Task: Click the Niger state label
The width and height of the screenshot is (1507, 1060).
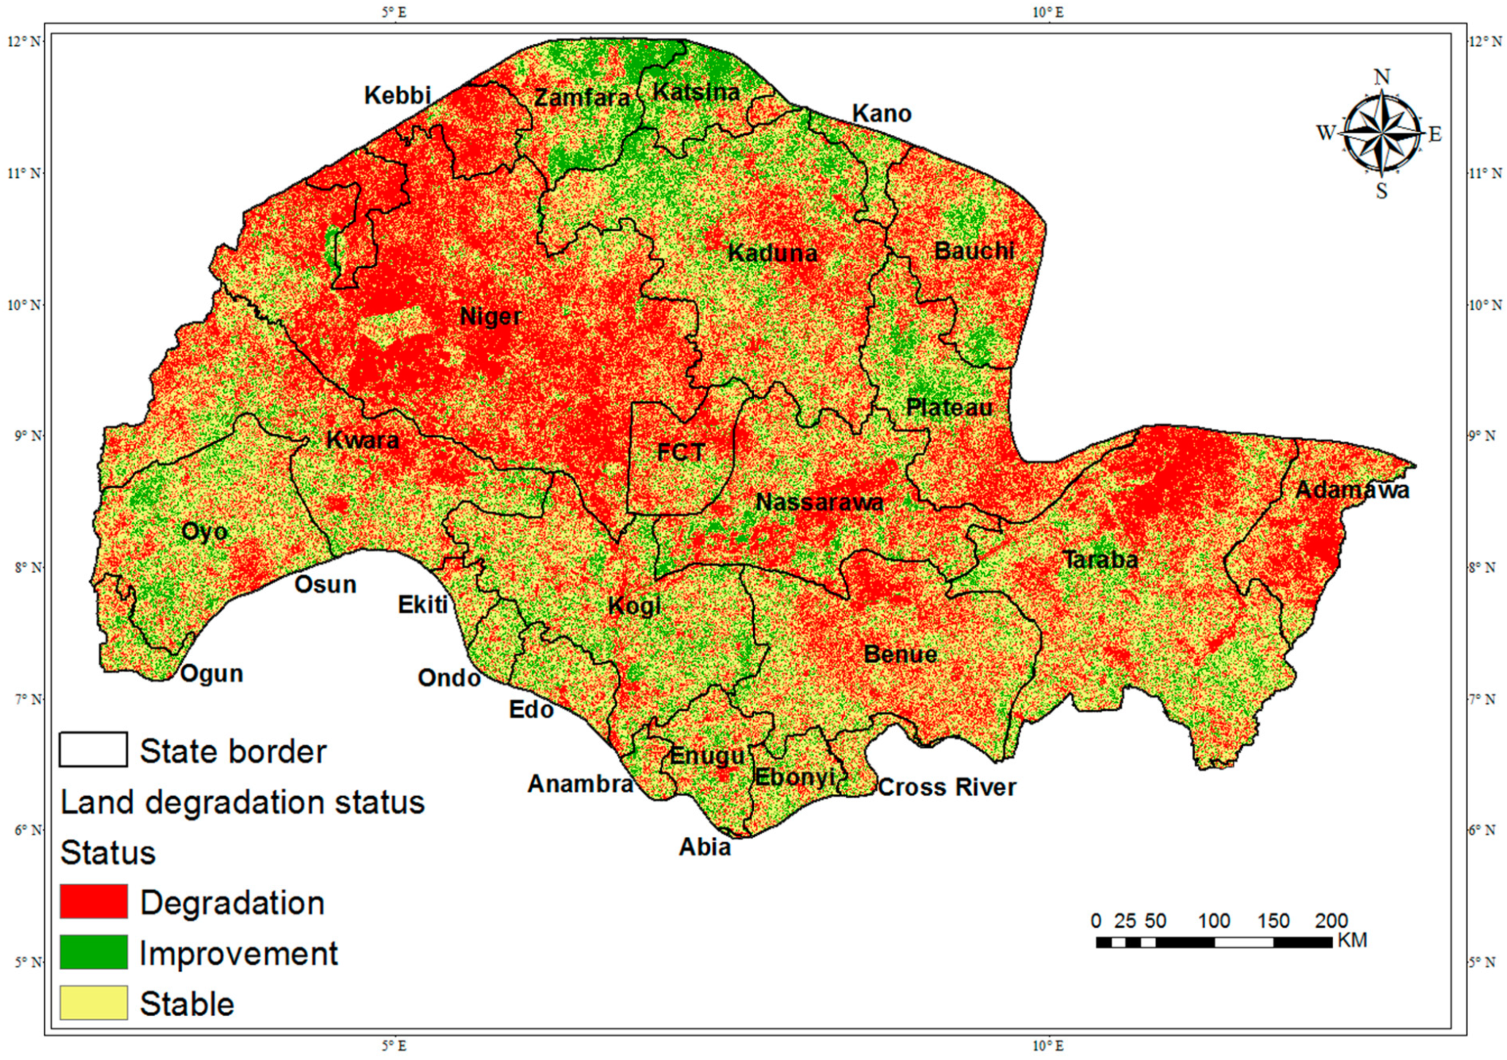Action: pyautogui.click(x=490, y=317)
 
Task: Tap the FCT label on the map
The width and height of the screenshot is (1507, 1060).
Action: pyautogui.click(x=681, y=452)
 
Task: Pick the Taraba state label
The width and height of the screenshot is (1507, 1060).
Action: pyautogui.click(x=1100, y=560)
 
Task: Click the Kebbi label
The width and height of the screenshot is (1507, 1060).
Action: pyautogui.click(x=397, y=96)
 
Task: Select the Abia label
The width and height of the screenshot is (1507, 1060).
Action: pyautogui.click(x=704, y=847)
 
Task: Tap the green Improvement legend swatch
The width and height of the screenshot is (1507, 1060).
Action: pyautogui.click(x=93, y=952)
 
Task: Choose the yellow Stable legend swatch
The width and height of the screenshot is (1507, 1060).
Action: pyautogui.click(x=93, y=1003)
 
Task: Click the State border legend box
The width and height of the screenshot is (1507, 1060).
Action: pyautogui.click(x=93, y=749)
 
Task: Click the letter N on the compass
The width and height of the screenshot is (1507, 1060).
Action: pyautogui.click(x=1381, y=77)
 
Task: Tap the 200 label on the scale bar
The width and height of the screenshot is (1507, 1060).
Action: pyautogui.click(x=1331, y=921)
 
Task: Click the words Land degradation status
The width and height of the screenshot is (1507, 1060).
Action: pyautogui.click(x=243, y=802)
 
